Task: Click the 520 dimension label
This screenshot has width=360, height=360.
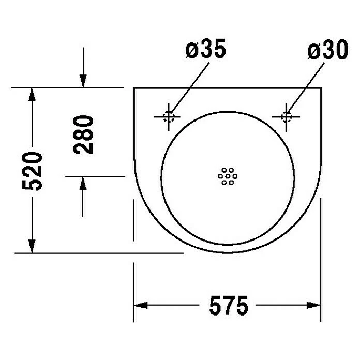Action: (x=33, y=171)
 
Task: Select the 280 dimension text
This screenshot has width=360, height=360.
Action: (x=83, y=135)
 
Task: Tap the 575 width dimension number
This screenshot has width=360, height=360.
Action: (x=229, y=306)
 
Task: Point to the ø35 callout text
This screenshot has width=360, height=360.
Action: (x=206, y=49)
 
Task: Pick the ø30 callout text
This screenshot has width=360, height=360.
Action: (x=328, y=50)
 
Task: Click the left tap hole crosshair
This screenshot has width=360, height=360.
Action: (x=169, y=117)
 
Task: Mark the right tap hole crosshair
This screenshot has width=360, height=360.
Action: (x=286, y=117)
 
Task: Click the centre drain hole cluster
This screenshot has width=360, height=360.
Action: (x=228, y=176)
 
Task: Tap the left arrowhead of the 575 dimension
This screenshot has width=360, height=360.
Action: (x=141, y=305)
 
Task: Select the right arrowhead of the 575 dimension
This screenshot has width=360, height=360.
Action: (x=313, y=305)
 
